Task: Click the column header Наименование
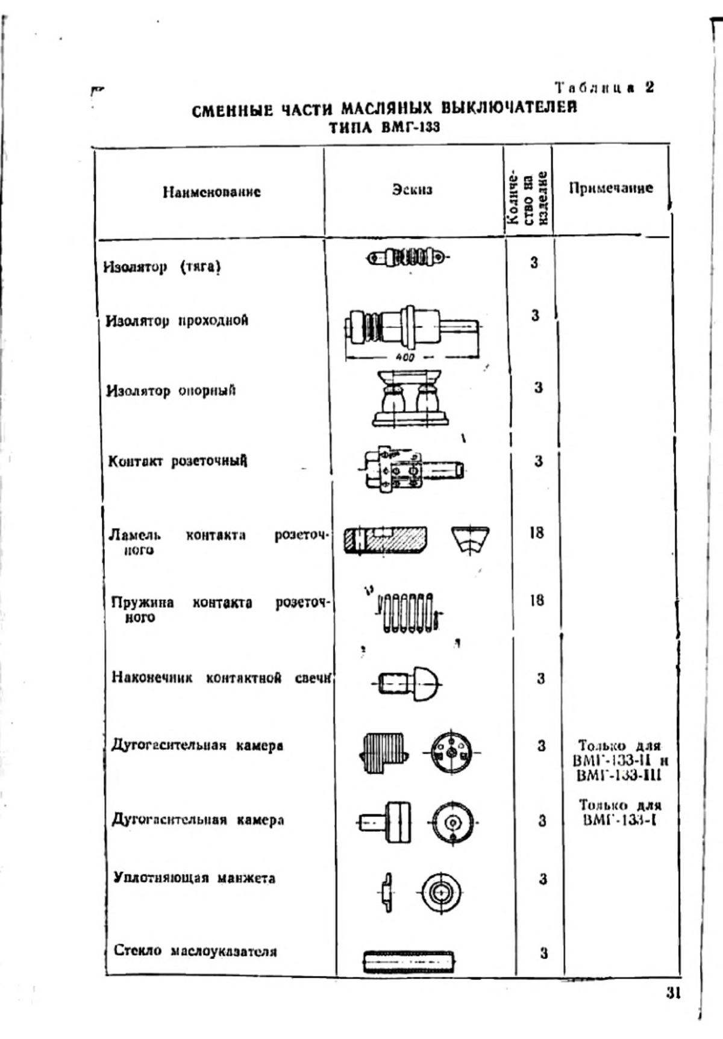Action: click(x=211, y=192)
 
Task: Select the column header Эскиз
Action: click(x=412, y=189)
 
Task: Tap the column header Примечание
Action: click(x=611, y=188)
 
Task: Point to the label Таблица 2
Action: click(x=604, y=87)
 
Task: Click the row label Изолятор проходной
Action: click(x=177, y=320)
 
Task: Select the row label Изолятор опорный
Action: click(x=171, y=390)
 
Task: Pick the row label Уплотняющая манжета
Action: click(x=194, y=878)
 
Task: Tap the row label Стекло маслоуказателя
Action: click(x=196, y=951)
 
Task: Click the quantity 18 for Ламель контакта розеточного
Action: click(x=537, y=532)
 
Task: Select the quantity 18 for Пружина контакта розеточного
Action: click(x=537, y=600)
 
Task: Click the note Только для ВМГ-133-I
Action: click(x=619, y=812)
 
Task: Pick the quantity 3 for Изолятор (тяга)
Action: click(x=534, y=263)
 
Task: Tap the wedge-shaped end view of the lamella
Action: click(x=470, y=540)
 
